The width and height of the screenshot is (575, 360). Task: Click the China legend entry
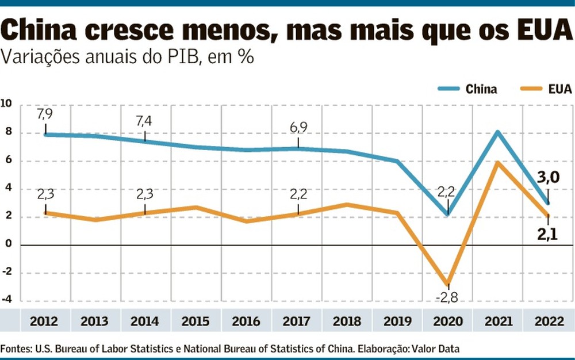[467, 89]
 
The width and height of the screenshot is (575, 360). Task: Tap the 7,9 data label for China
[45, 115]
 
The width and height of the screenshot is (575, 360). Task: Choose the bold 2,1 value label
[546, 233]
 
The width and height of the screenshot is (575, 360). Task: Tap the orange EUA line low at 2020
[447, 284]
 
